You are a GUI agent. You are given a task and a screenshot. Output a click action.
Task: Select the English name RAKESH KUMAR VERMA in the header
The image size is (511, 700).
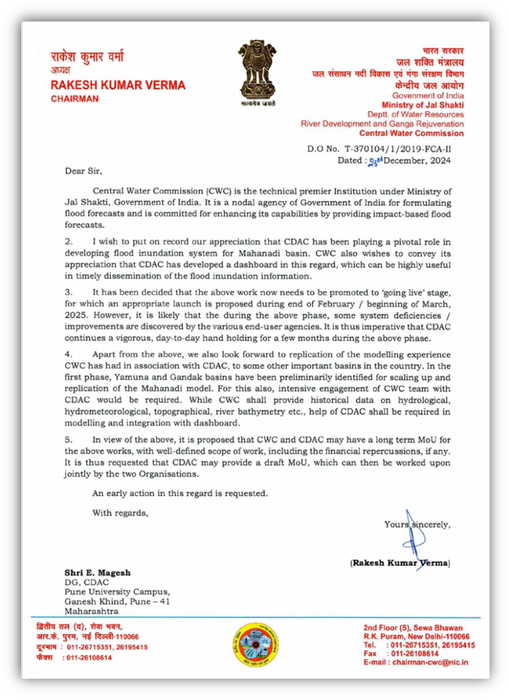(x=118, y=85)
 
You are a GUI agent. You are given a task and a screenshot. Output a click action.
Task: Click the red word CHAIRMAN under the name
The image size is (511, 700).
(x=75, y=99)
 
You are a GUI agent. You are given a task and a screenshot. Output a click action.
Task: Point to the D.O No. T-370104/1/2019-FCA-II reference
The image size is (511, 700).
(x=379, y=148)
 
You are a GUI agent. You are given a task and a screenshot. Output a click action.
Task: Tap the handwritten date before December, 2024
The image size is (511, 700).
(x=376, y=161)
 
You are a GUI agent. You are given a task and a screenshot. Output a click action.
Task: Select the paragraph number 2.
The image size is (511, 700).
(x=68, y=242)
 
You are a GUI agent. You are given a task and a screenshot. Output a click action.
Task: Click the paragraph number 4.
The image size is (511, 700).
(x=68, y=355)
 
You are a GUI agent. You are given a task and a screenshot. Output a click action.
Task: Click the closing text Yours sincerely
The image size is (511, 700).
(x=417, y=524)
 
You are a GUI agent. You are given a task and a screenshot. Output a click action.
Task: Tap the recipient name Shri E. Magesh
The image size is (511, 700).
(x=97, y=572)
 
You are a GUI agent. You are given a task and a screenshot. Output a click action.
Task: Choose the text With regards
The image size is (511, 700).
(x=120, y=512)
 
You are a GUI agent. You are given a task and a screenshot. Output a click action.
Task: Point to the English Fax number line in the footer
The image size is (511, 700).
(x=401, y=654)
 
